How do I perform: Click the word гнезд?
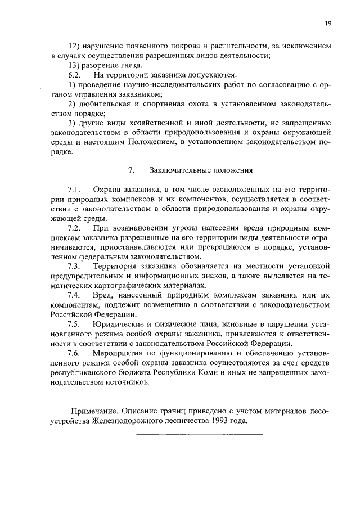(124, 65)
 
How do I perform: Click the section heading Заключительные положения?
(201, 169)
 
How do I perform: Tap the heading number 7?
(130, 169)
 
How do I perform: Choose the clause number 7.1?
(75, 189)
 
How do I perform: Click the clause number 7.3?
(75, 266)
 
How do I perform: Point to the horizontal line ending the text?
(200, 434)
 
